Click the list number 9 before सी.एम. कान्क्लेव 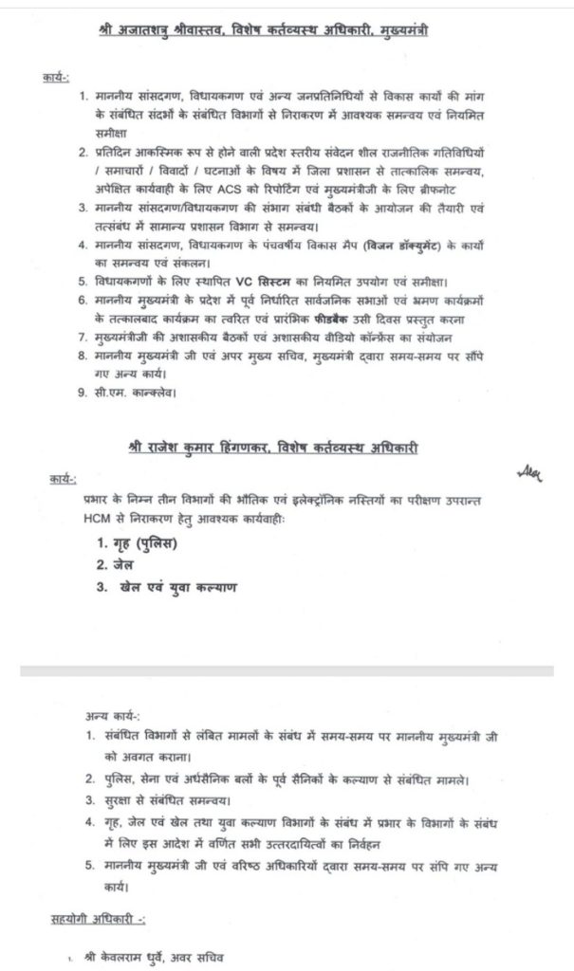[83, 389]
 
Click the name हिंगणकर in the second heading [265, 445]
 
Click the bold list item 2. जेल [113, 564]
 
